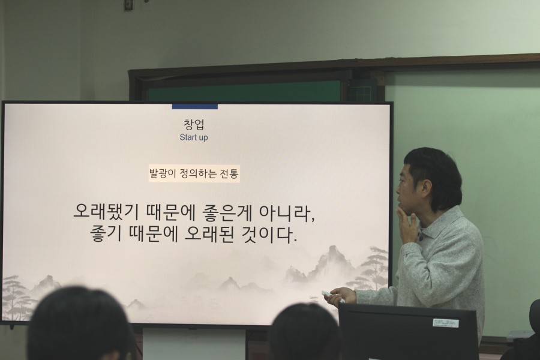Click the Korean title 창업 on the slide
[194, 125]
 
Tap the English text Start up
[194, 137]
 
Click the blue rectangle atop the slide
[195, 106]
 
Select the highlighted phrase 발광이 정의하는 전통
[194, 173]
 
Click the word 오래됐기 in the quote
[106, 212]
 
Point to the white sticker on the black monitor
[446, 323]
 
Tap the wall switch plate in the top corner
[129, 4]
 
